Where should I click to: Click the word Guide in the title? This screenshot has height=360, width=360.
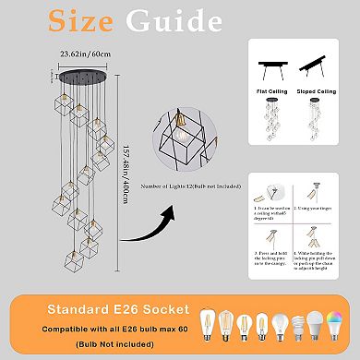tap(218, 22)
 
